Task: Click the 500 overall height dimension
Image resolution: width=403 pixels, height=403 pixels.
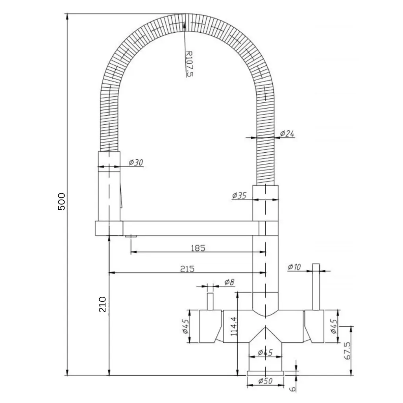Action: pyautogui.click(x=61, y=201)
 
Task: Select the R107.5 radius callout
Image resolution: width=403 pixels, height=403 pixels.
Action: pyautogui.click(x=189, y=63)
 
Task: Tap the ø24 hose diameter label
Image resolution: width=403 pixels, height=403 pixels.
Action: pyautogui.click(x=287, y=134)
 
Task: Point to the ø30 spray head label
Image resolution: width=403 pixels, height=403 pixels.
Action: pyautogui.click(x=136, y=163)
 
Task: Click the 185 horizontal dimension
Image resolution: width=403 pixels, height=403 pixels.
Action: pyautogui.click(x=198, y=248)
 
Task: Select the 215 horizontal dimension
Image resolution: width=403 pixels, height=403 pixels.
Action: pyautogui.click(x=187, y=269)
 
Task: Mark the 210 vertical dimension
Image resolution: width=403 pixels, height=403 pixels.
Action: pyautogui.click(x=102, y=304)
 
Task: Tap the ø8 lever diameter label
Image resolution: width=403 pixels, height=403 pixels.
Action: pyautogui.click(x=229, y=282)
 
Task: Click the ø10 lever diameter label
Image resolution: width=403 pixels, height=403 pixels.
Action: pyautogui.click(x=294, y=267)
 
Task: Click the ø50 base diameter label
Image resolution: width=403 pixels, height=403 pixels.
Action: pyautogui.click(x=266, y=381)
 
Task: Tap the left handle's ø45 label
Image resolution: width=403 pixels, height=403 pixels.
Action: pyautogui.click(x=186, y=326)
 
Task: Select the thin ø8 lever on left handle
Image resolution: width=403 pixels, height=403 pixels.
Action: pyautogui.click(x=210, y=301)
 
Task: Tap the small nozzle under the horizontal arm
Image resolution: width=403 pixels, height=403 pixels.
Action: pyautogui.click(x=131, y=236)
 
